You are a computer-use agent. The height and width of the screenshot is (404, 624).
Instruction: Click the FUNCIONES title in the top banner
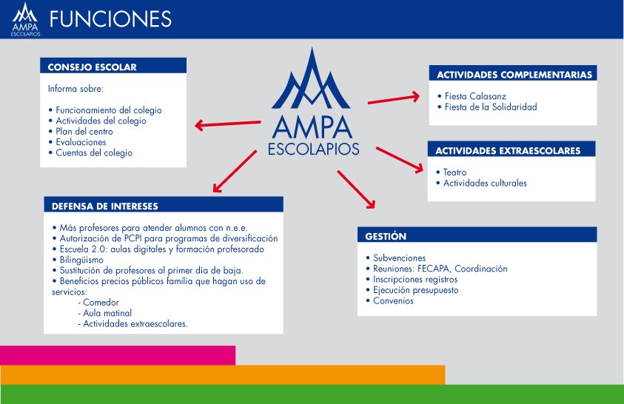point(111,18)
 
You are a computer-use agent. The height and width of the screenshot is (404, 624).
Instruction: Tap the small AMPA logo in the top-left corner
point(26,18)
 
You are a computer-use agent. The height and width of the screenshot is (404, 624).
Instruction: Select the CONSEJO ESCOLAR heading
point(92,67)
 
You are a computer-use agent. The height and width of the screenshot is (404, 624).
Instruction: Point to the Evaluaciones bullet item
point(81,142)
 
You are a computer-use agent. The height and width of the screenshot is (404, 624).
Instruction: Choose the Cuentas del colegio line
point(94,152)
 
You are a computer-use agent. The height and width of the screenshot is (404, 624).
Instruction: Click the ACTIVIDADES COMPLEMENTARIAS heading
point(514,75)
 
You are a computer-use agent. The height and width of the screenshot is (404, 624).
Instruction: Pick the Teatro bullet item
point(454,172)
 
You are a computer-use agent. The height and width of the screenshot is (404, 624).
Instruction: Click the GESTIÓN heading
point(386,237)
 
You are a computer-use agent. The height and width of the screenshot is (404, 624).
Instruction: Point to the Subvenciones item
point(399,258)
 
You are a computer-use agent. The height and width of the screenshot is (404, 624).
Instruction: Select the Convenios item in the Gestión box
point(393,301)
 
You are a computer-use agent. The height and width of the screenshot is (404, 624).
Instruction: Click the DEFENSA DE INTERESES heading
point(104,206)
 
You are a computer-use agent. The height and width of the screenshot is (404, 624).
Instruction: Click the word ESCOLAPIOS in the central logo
point(313,149)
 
